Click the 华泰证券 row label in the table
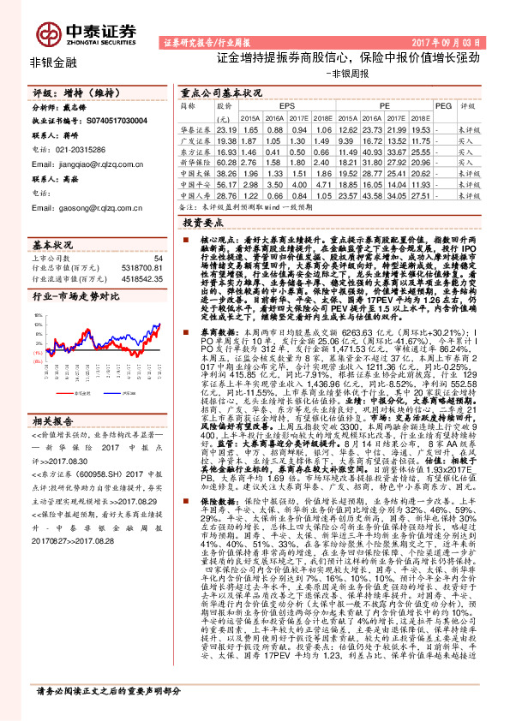click(x=195, y=128)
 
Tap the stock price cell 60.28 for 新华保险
click(x=226, y=162)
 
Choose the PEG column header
click(x=442, y=105)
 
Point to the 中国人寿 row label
click(x=195, y=173)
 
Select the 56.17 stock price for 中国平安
click(x=226, y=184)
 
